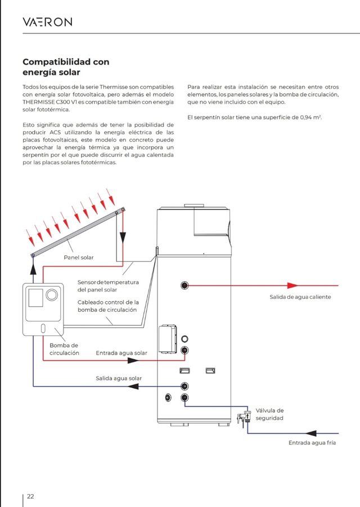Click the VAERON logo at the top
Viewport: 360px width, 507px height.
point(47,22)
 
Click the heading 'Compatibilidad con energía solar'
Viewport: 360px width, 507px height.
point(66,67)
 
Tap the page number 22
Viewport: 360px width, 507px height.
point(30,496)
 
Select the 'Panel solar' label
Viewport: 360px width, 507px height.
point(79,257)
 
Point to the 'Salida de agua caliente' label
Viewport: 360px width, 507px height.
point(300,297)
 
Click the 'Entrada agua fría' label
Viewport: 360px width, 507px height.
point(312,443)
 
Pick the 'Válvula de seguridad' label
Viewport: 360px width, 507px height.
point(269,414)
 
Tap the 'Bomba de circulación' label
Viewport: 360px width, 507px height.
point(64,349)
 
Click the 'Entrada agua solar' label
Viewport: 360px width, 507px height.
point(121,353)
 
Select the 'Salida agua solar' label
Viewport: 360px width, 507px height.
point(118,378)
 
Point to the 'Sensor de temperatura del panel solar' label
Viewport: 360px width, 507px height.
point(108,285)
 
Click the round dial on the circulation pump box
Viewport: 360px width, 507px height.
point(52,294)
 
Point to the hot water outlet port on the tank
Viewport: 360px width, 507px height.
point(184,285)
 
